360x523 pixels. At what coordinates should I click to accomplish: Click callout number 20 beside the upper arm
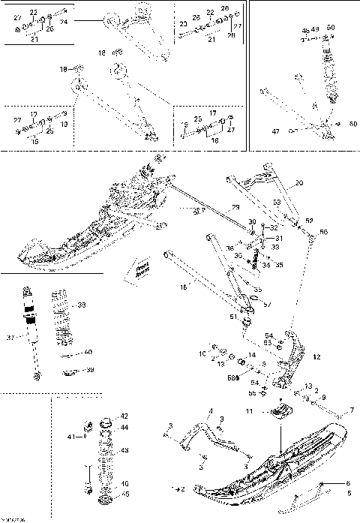tap(298, 183)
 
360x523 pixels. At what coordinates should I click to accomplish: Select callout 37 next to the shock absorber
tap(10, 338)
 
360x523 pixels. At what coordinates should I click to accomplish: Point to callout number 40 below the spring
tap(88, 351)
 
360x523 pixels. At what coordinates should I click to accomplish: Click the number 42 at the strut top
tap(124, 416)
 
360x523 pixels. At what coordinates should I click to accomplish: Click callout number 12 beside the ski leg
tap(316, 356)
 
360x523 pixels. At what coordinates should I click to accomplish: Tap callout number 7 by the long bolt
tap(351, 410)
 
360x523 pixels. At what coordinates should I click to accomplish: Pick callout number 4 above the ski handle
tap(211, 410)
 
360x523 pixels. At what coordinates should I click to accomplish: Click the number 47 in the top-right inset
tap(275, 131)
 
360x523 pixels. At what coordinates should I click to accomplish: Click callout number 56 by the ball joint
tap(324, 233)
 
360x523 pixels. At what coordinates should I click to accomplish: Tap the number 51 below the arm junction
tap(233, 317)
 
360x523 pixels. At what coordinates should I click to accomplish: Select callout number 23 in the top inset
tap(184, 25)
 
